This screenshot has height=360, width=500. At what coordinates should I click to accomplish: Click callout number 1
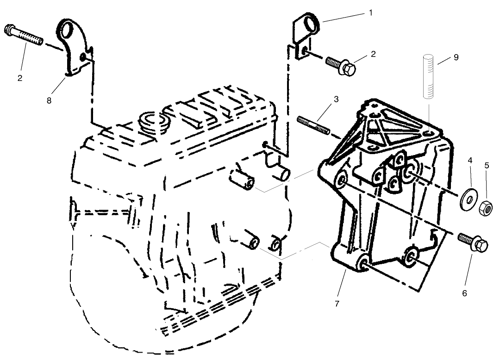click(x=370, y=13)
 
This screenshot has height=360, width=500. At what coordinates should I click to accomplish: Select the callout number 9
click(x=456, y=57)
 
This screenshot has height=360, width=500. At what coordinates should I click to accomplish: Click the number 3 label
click(x=336, y=99)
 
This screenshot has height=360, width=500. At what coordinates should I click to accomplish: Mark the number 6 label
click(x=464, y=293)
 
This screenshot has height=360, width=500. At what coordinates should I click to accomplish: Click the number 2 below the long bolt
click(x=20, y=78)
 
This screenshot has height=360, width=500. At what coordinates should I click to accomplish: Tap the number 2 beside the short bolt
click(x=373, y=54)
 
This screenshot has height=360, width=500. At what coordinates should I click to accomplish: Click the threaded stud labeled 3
click(x=312, y=125)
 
